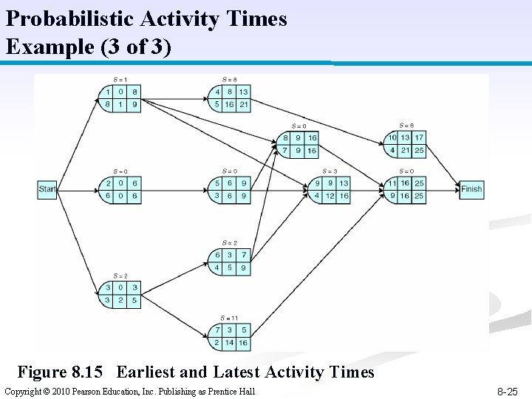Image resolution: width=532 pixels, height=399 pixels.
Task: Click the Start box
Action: click(x=47, y=189)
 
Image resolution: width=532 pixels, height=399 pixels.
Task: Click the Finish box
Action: click(x=471, y=189)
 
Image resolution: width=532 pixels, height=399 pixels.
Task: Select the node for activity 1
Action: click(x=120, y=98)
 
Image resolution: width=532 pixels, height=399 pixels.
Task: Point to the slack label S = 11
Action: click(x=229, y=317)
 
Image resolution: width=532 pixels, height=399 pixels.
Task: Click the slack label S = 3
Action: click(x=329, y=171)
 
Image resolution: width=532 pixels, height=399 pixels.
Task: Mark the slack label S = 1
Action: click(x=120, y=79)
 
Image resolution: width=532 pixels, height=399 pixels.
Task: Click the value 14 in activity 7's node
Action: click(x=229, y=344)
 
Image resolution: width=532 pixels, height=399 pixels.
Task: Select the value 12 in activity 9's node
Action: click(x=330, y=196)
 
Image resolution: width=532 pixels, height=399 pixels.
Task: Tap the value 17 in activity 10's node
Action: click(x=419, y=137)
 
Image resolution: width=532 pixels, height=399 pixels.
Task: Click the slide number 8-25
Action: click(x=508, y=391)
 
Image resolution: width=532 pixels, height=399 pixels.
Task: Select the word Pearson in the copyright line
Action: click(x=90, y=391)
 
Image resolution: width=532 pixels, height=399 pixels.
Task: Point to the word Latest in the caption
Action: click(x=237, y=372)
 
